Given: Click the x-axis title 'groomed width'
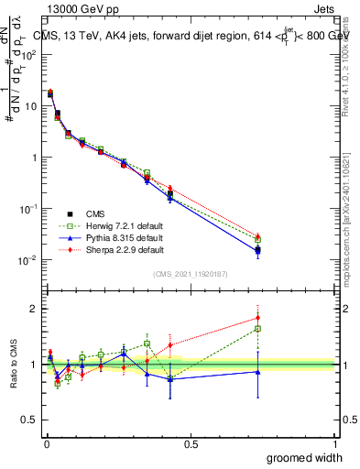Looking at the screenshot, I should click(305, 457).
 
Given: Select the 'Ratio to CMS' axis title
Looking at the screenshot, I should click(15, 365).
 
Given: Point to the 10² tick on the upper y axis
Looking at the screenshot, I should click(29, 54).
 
